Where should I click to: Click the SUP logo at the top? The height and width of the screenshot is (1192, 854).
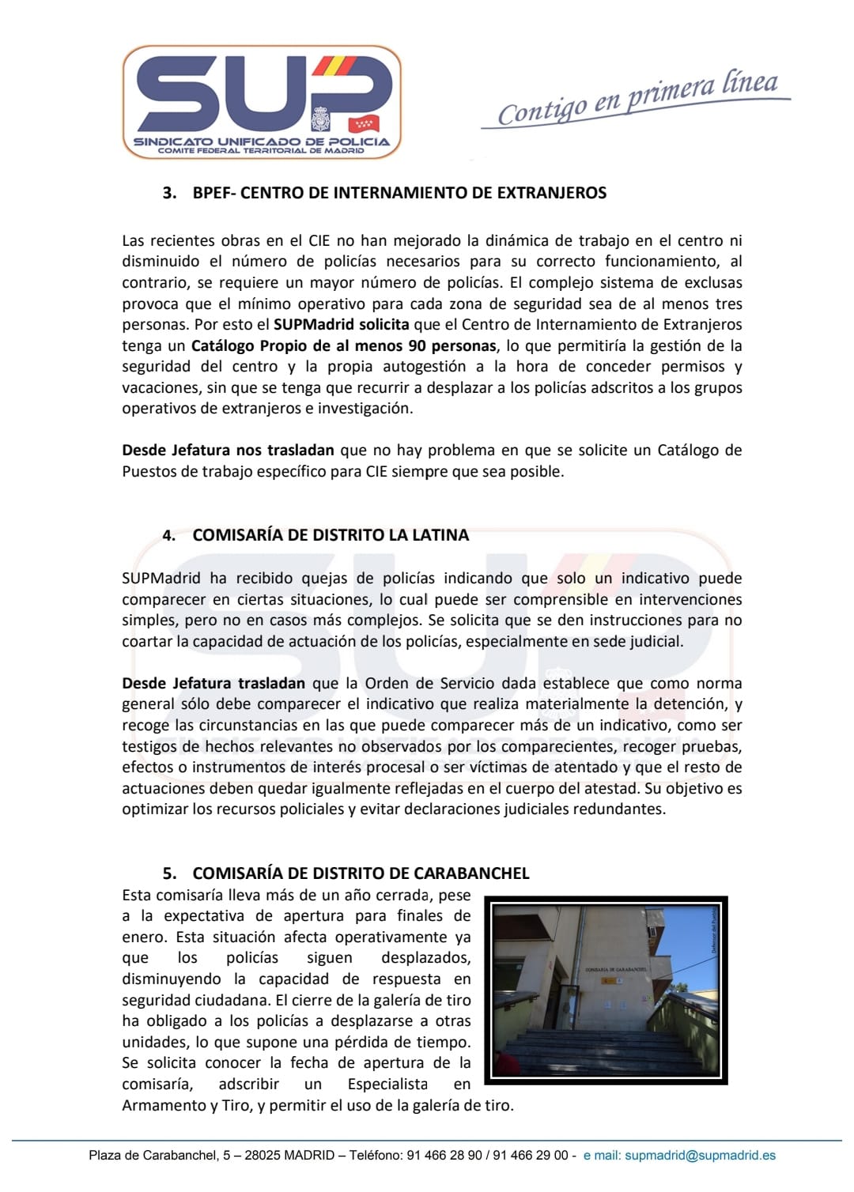pos(262,101)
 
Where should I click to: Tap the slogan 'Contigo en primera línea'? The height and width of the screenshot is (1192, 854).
pos(637,100)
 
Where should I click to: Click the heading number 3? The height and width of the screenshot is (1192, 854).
pos(168,193)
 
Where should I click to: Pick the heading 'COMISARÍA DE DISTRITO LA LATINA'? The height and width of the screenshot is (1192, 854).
pos(331,535)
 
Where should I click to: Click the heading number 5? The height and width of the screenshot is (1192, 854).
pos(169,873)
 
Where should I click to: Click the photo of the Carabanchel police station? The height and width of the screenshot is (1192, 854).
pos(606,989)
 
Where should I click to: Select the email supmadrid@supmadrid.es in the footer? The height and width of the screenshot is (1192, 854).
pos(700,1156)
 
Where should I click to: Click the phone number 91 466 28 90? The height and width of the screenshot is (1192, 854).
pos(444,1156)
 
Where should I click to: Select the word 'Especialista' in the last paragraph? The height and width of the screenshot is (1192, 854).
pos(387,1084)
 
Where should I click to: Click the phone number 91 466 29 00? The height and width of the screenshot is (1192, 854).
pos(531,1156)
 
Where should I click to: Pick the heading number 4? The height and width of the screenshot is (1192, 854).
pos(168,535)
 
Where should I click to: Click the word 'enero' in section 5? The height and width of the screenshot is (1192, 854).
pos(140,937)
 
